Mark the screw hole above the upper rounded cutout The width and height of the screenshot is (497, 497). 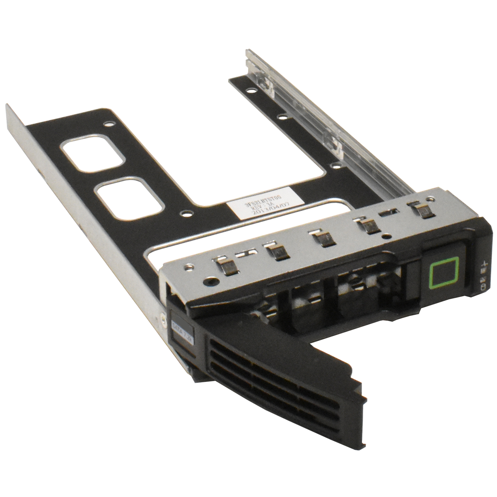(109, 123)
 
